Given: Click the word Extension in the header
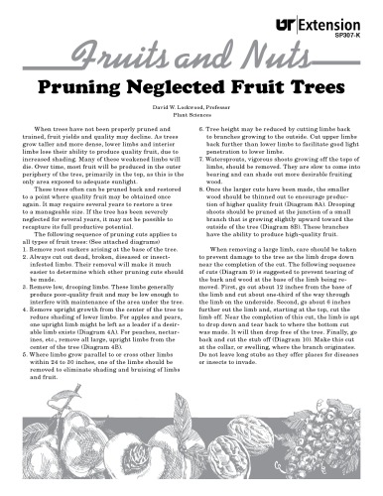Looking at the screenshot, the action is pyautogui.click(x=344, y=16).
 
